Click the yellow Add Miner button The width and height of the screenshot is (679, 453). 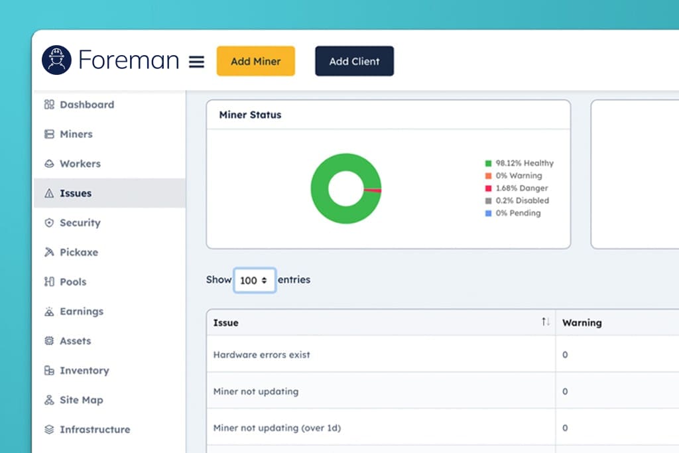pyautogui.click(x=255, y=61)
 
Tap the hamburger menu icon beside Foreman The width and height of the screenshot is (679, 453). pyautogui.click(x=196, y=62)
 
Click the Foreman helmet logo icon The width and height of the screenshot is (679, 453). pyautogui.click(x=57, y=60)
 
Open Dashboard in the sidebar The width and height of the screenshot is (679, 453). pyautogui.click(x=79, y=104)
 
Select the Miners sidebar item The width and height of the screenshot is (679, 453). pyautogui.click(x=68, y=134)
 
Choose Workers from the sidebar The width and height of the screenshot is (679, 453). pyautogui.click(x=72, y=163)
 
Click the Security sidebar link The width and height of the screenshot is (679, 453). pyautogui.click(x=72, y=223)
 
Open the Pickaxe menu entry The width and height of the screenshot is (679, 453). pyautogui.click(x=71, y=252)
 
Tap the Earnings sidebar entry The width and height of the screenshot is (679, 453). pyautogui.click(x=74, y=311)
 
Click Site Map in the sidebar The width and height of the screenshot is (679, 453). pyautogui.click(x=74, y=400)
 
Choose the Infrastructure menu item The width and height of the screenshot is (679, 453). pyautogui.click(x=87, y=429)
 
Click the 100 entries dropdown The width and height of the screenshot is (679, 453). pyautogui.click(x=254, y=280)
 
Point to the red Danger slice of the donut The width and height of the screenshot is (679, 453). pyautogui.click(x=373, y=190)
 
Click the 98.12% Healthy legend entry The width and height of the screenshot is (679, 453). pyautogui.click(x=519, y=163)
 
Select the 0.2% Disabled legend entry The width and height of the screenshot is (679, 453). pyautogui.click(x=517, y=200)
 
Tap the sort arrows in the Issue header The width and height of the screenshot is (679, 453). pyautogui.click(x=545, y=321)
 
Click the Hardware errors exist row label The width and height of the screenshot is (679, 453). pyautogui.click(x=261, y=355)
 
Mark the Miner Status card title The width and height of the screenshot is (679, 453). pyautogui.click(x=250, y=115)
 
